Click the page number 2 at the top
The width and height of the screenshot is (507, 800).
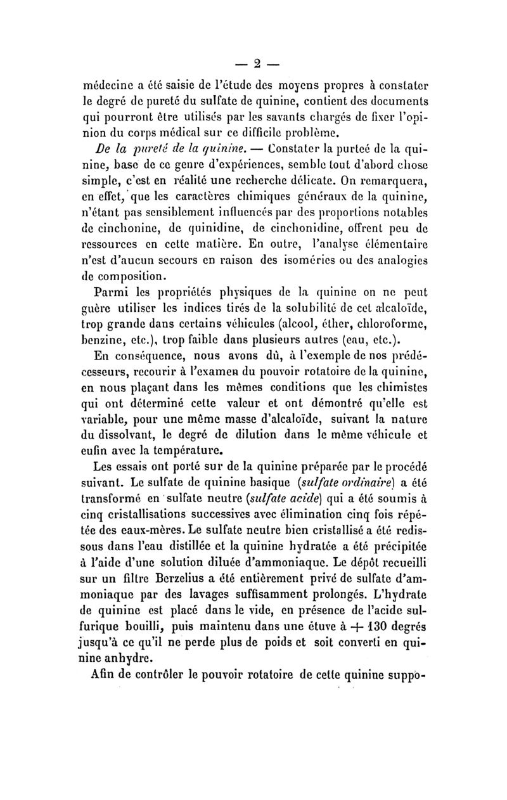pyautogui.click(x=257, y=64)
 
